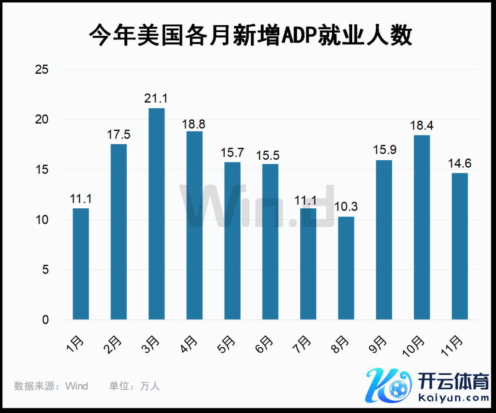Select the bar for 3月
pyautogui.click(x=157, y=213)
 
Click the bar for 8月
pyautogui.click(x=346, y=268)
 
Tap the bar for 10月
pyautogui.click(x=422, y=227)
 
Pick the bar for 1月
pyautogui.click(x=81, y=264)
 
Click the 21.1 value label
pyautogui.click(x=157, y=99)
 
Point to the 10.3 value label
pyautogui.click(x=346, y=207)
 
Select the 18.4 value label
pyautogui.click(x=422, y=125)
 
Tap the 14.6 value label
pyautogui.click(x=460, y=163)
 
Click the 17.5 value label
pyautogui.click(x=118, y=134)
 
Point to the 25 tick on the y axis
pyautogui.click(x=42, y=70)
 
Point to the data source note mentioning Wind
pyautogui.click(x=51, y=386)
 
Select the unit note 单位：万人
pyautogui.click(x=135, y=386)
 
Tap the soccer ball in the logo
pyautogui.click(x=398, y=390)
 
